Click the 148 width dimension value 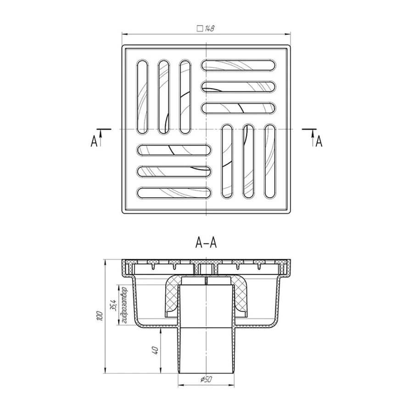pos(209,28)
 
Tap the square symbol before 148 pos(200,28)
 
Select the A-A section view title pos(206,243)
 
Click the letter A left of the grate pos(94,141)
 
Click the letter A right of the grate pos(319,141)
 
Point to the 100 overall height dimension pos(100,316)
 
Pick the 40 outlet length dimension pos(156,350)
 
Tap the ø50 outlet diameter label pos(206,380)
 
